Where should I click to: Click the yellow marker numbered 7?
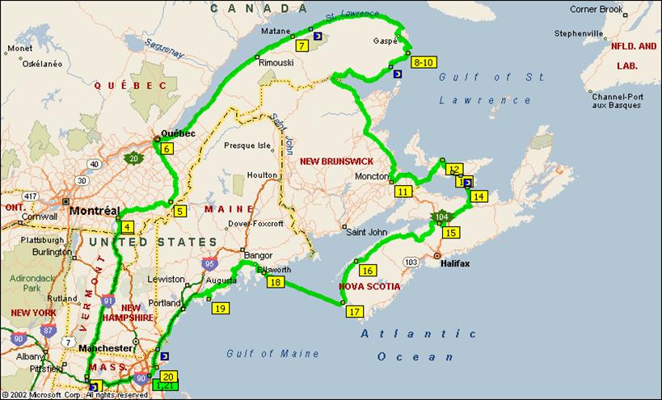(x=301, y=45)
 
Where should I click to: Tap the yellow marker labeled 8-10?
(x=424, y=62)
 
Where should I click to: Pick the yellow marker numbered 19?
(x=218, y=308)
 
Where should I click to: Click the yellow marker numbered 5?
(x=180, y=212)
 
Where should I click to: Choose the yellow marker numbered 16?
(x=368, y=271)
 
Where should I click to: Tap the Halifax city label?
(x=454, y=263)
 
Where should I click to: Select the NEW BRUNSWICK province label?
(x=336, y=161)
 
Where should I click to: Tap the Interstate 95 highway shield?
(x=209, y=263)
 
